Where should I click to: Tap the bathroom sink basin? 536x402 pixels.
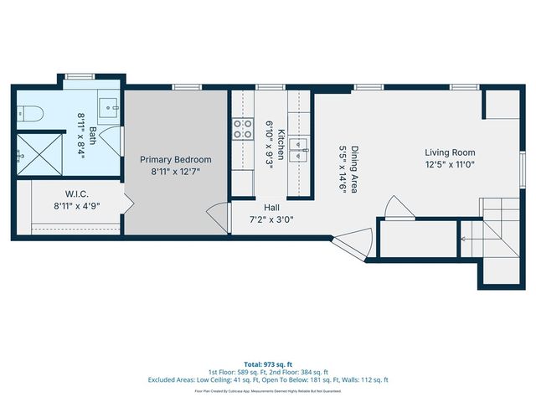[x=108, y=106]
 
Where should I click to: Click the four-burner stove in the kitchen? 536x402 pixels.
[x=242, y=129]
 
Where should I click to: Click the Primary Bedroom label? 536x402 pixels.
[x=175, y=159]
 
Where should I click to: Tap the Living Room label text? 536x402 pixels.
[x=450, y=152]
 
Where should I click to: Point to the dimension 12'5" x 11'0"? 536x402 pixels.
[x=450, y=164]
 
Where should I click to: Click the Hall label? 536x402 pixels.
[x=272, y=208]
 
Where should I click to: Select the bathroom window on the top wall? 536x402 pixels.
[x=80, y=77]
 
